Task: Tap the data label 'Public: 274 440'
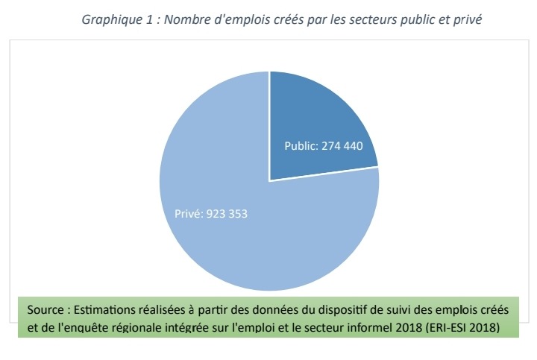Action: coord(324,146)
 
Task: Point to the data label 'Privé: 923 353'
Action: coord(211,214)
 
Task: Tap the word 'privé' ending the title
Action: coord(470,19)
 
